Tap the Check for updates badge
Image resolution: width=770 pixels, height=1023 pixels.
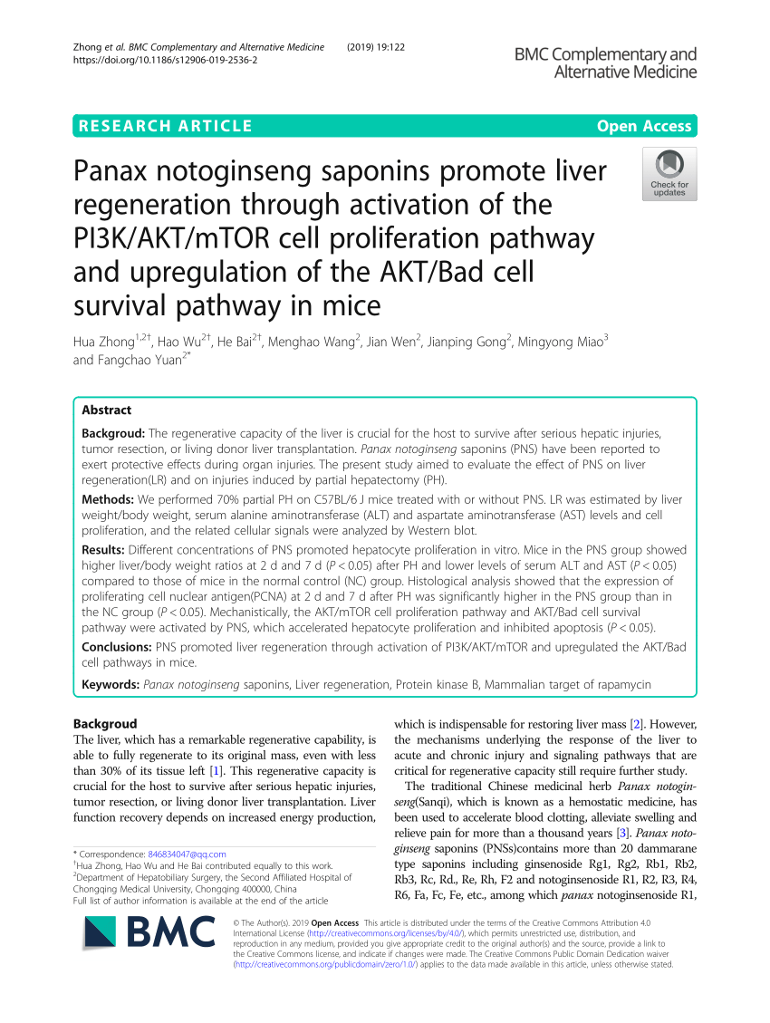[x=669, y=173]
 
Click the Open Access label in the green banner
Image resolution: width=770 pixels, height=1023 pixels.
[x=644, y=126]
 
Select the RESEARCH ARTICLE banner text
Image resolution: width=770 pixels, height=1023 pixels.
[x=166, y=126]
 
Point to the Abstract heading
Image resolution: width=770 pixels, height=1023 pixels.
[x=106, y=410]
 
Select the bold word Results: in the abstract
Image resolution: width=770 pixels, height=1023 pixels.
[x=104, y=550]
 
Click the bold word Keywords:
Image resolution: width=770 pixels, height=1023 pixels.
[x=111, y=684]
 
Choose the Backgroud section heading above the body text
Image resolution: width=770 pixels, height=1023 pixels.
[x=105, y=724]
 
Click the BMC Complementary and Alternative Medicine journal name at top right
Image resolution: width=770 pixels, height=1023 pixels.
[x=605, y=63]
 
